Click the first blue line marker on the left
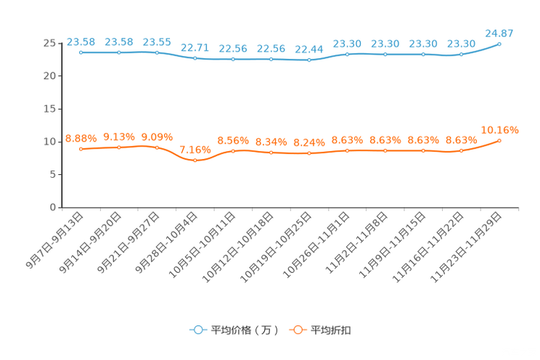click(81, 52)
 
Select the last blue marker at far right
click(499, 44)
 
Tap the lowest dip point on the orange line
click(195, 160)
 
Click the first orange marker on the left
click(81, 149)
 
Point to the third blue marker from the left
click(157, 52)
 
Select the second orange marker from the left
click(119, 147)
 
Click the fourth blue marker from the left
click(195, 58)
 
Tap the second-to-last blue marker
click(461, 54)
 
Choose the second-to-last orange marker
click(461, 150)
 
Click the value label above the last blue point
click(499, 32)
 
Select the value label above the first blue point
click(81, 41)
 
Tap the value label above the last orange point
click(500, 130)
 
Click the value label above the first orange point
click(81, 137)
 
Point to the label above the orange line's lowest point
click(195, 149)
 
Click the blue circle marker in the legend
click(197, 330)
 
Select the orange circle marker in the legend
click(297, 330)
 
